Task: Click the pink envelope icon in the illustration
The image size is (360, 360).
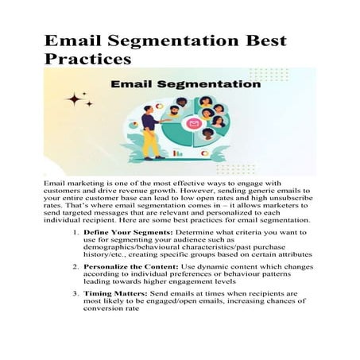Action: tap(194, 125)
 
